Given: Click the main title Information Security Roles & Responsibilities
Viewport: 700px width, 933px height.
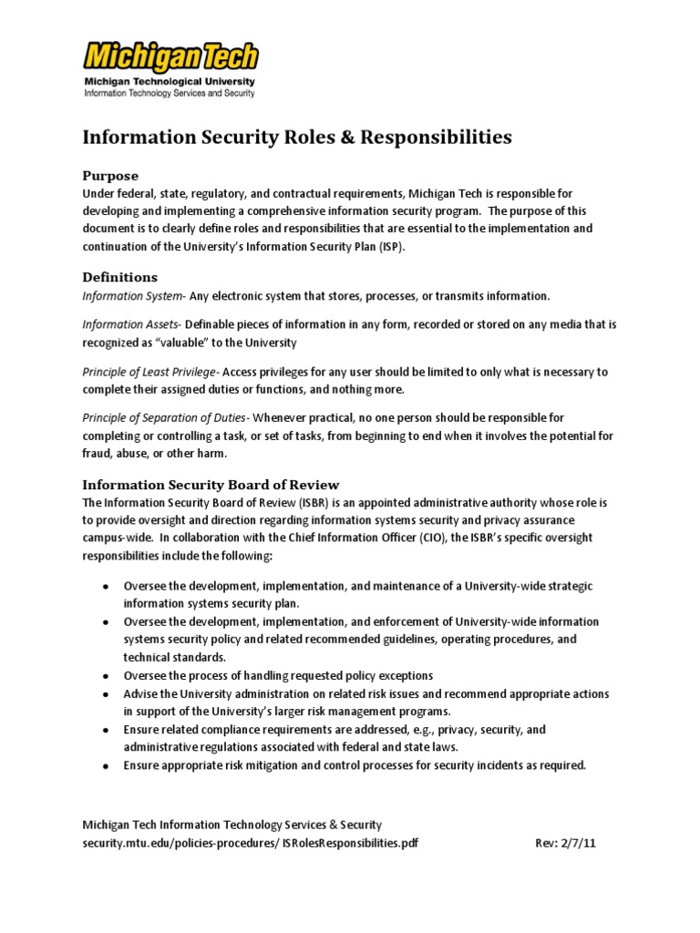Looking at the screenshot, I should pos(297,138).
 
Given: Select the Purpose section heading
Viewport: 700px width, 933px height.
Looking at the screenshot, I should pos(110,176).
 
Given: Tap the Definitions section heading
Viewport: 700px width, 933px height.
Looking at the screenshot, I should pos(120,277).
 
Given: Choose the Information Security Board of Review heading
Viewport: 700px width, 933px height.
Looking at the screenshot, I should pos(211,485).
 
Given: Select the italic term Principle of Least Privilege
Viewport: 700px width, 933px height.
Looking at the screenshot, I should pos(149,372).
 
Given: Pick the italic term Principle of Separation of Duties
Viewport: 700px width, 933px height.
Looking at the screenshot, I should pos(166,418).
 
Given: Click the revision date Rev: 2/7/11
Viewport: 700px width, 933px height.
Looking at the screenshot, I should pos(566,843).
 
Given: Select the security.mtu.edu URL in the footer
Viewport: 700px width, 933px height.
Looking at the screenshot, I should pos(251,843).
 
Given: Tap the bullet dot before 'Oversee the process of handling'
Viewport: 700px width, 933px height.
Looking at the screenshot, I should pos(106,676).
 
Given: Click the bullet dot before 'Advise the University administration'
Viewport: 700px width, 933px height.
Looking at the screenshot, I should pos(106,694).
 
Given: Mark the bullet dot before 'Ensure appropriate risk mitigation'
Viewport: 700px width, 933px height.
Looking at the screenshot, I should pos(106,766).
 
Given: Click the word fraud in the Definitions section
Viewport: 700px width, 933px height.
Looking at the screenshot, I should pos(97,454).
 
